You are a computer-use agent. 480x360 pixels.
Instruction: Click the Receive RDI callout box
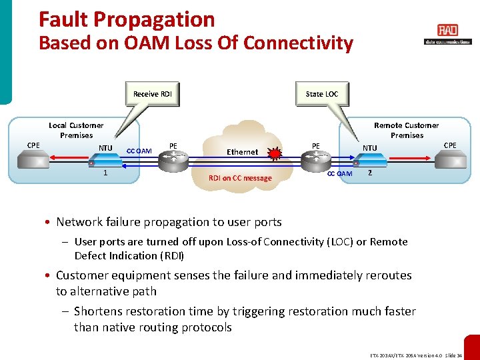point(153,94)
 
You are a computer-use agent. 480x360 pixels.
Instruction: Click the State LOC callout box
point(321,94)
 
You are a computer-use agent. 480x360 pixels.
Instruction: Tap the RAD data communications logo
point(447,34)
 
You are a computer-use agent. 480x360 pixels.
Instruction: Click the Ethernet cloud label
point(242,152)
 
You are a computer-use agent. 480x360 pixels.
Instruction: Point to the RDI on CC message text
point(240,178)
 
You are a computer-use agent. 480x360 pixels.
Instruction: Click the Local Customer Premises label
point(76,130)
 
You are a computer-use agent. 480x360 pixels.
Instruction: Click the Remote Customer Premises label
point(407,130)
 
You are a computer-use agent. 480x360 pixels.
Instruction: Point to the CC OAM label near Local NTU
point(139,151)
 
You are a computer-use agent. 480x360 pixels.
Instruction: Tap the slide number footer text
point(417,355)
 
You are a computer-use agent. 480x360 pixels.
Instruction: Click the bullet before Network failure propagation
point(48,222)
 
